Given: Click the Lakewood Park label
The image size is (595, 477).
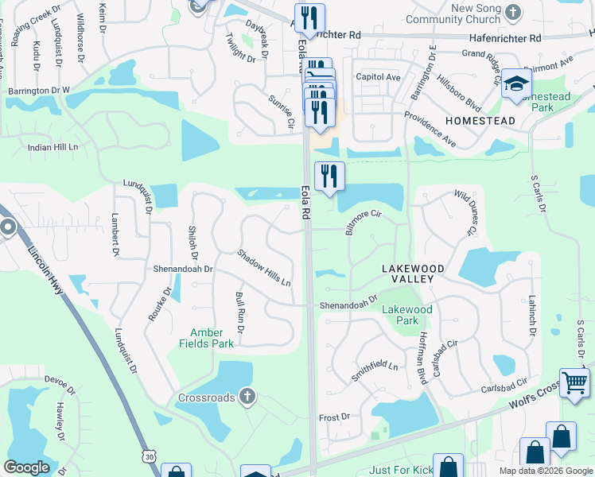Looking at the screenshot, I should [x=406, y=315].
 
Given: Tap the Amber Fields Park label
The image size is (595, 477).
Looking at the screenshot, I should [x=212, y=338].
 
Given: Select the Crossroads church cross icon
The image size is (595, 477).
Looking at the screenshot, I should [x=247, y=396].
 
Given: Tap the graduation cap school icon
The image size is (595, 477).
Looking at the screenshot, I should [x=516, y=83].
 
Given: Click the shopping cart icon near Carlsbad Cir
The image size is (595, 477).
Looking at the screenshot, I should [x=574, y=382].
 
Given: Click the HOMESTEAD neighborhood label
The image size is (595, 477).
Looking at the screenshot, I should [x=480, y=121].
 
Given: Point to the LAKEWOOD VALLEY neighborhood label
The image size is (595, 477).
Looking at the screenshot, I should [x=412, y=274].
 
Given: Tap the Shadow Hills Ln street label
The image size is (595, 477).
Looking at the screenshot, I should [x=264, y=269].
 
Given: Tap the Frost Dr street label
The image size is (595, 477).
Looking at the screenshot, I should [x=334, y=417].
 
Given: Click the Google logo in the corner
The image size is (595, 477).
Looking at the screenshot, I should [x=26, y=467].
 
